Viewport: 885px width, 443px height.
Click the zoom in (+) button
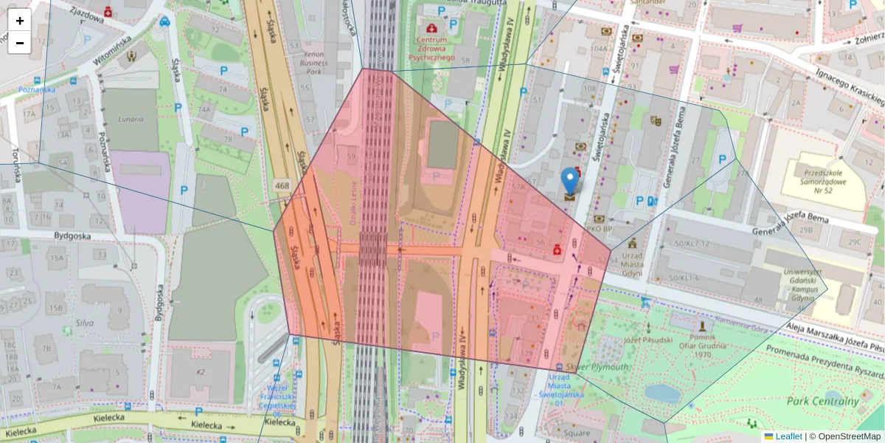pos(20,21)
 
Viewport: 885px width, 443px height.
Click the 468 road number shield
pos(282,185)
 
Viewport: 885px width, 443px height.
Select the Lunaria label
pos(129,117)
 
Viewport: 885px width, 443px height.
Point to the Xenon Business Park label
pos(314,63)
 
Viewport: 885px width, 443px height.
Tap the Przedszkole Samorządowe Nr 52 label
pos(826,178)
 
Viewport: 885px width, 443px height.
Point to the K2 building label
pos(201,372)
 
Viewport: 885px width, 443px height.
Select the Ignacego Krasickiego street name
pos(848,85)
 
